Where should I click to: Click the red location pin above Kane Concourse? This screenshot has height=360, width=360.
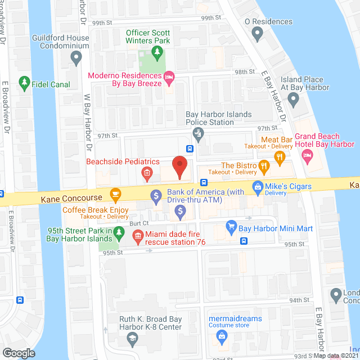pyautogui.click(x=179, y=166)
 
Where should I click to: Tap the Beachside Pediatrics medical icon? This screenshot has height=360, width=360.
pyautogui.click(x=147, y=173)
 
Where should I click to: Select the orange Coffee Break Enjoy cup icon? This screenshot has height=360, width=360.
pyautogui.click(x=116, y=195)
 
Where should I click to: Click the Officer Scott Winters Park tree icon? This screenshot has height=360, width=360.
pyautogui.click(x=157, y=53)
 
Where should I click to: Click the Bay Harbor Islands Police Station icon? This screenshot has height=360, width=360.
pyautogui.click(x=197, y=134)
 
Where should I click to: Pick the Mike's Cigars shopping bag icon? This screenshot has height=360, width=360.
pyautogui.click(x=258, y=186)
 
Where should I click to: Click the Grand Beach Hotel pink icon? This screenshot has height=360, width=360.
pyautogui.click(x=307, y=158)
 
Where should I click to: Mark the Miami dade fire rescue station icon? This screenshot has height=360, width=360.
pyautogui.click(x=137, y=238)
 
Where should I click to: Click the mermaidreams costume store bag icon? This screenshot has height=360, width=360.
pyautogui.click(x=222, y=336)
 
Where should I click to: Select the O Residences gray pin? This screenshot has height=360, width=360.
pyautogui.click(x=258, y=34)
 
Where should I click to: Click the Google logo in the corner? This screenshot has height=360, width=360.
pyautogui.click(x=19, y=353)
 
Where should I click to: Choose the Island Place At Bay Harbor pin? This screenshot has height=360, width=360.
pyautogui.click(x=292, y=100)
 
